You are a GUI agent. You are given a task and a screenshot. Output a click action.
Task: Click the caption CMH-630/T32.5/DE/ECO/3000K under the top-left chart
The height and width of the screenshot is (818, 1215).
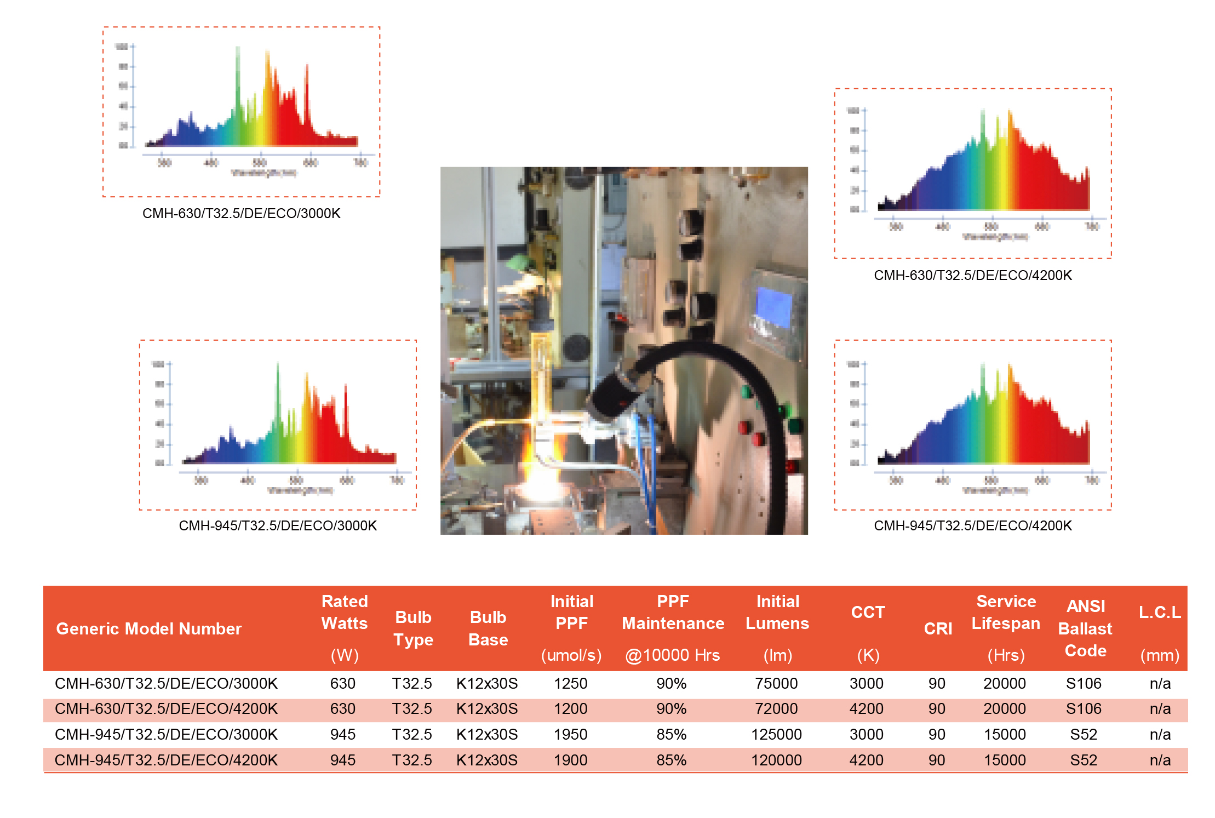point(241,213)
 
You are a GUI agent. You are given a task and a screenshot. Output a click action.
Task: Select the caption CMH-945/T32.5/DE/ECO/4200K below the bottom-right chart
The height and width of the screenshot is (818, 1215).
point(972,525)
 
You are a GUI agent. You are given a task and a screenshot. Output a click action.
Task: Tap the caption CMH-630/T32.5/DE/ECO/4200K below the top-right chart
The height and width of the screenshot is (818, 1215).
point(972,275)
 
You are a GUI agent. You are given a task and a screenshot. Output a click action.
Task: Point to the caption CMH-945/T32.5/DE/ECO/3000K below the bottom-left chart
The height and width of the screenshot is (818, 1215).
point(278,525)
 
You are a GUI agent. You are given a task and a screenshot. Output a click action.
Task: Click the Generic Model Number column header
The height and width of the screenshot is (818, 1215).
point(148,628)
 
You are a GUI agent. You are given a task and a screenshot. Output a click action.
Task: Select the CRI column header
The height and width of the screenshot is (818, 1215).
point(938,628)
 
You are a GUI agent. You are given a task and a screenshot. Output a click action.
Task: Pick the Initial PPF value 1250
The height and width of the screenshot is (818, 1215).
point(570,683)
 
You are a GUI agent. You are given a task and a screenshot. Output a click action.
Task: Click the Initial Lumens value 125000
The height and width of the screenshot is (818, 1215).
point(776,734)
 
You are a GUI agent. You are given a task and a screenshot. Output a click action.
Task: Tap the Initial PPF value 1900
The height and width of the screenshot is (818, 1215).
point(570,760)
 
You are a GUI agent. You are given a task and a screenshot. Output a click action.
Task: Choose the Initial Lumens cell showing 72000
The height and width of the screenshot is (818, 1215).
point(776,708)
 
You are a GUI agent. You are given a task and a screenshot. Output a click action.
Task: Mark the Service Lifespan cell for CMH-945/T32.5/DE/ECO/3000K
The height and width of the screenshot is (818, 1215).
point(1004,734)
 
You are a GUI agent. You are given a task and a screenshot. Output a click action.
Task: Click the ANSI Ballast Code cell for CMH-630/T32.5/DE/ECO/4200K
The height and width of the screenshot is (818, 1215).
point(1083,708)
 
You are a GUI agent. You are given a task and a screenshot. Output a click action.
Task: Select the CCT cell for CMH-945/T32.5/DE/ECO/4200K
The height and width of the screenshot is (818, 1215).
point(866,760)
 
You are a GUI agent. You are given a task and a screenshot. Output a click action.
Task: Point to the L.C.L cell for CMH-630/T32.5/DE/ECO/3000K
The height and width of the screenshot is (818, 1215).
point(1160,683)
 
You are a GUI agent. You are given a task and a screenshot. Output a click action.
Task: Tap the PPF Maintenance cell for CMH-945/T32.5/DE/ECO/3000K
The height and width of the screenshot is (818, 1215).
point(672,734)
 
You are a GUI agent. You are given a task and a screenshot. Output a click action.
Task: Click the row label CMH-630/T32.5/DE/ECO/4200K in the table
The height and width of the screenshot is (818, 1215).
point(166,708)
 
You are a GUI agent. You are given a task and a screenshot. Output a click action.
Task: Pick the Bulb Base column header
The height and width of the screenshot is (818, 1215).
point(488,628)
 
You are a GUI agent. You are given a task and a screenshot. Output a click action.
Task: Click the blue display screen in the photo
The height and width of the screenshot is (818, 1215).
point(773,308)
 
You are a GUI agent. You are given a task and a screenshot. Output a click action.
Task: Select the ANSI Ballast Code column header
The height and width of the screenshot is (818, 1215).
point(1085,628)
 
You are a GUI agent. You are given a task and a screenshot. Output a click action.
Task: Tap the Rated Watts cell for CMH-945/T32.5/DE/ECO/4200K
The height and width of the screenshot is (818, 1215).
point(343,760)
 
